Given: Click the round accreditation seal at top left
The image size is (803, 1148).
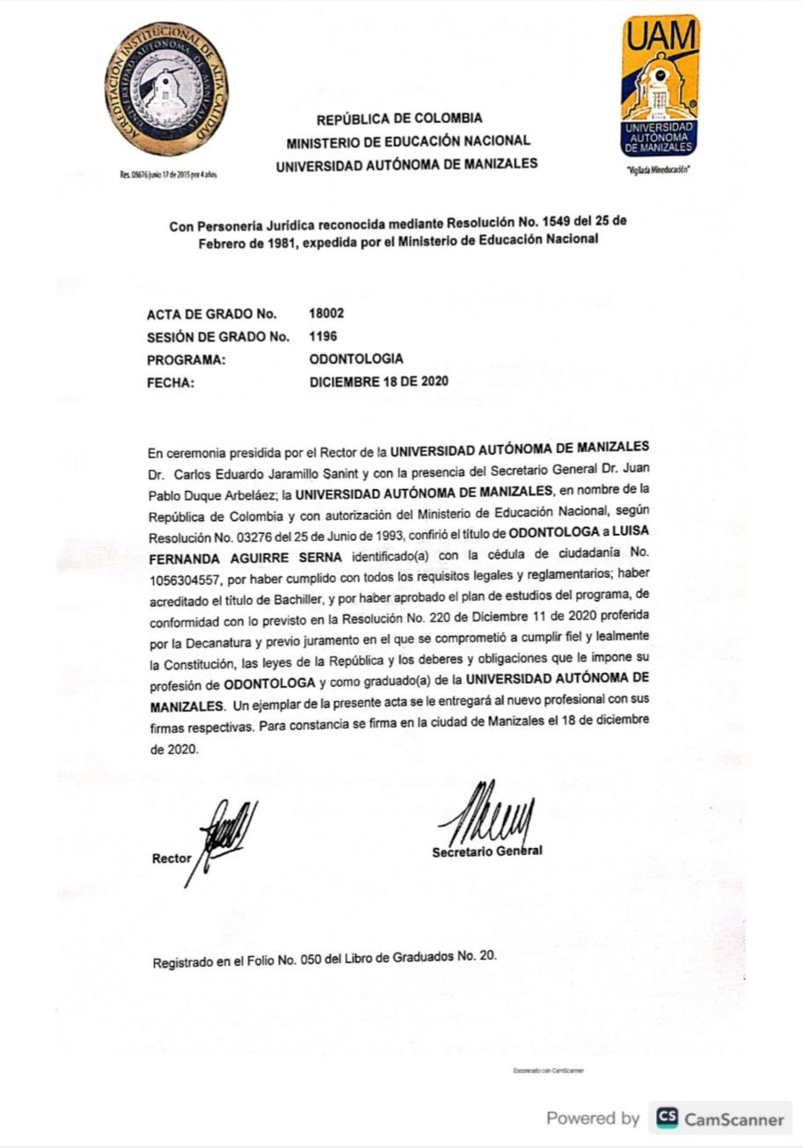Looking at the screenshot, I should pos(164,90).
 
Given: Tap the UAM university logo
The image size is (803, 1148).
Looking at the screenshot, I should pos(660,85).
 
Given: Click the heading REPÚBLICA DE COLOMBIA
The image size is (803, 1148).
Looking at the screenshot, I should pos(399,118).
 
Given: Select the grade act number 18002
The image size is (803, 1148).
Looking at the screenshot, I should pos(326,313).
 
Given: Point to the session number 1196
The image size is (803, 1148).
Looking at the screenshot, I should pos(323,336).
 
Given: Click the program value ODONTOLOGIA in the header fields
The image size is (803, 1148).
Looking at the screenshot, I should pos(356,359).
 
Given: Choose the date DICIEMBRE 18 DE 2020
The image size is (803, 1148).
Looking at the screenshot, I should pos(379,382).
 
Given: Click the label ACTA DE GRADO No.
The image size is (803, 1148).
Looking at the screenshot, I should pos(212,314).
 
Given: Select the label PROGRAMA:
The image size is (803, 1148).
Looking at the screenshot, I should pos(186,360).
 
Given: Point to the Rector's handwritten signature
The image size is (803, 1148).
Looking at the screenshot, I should pos(225,836).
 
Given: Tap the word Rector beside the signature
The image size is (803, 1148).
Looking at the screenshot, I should pos(171,859).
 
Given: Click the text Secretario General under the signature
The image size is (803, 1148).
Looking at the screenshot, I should pos(486,852).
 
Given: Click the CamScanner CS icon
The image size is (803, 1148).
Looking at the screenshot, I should pos(667,1119).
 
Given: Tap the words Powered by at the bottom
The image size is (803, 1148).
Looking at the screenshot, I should pos(593,1119).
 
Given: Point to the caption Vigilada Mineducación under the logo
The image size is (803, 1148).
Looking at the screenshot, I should pos(659,170).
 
